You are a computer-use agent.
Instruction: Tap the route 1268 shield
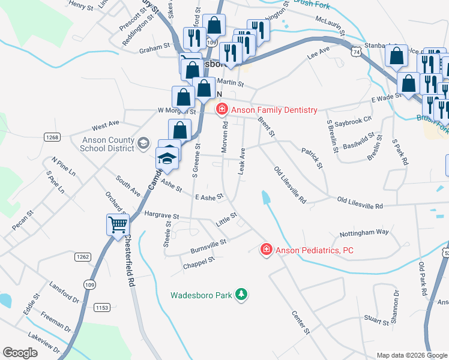click(x=52, y=137)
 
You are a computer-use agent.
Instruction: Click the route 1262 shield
click(x=83, y=257)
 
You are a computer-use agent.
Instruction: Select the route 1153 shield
click(x=101, y=307)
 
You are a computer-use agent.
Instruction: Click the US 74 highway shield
click(x=357, y=53)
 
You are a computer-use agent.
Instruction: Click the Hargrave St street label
click(x=160, y=215)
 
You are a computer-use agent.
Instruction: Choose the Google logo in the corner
click(x=21, y=353)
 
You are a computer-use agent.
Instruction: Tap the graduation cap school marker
click(x=168, y=158)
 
